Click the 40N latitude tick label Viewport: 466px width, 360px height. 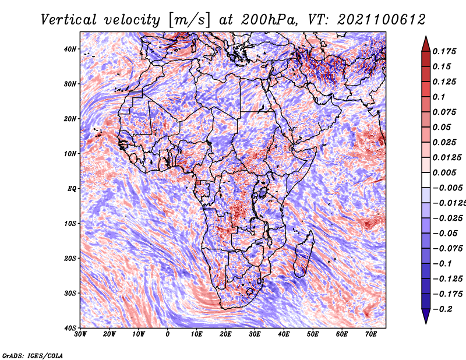(x=70, y=49)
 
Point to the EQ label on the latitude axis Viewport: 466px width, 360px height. (x=72, y=189)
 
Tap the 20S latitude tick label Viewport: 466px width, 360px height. (x=70, y=258)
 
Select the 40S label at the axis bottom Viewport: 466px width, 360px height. (x=70, y=328)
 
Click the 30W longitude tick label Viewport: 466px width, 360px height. (x=80, y=334)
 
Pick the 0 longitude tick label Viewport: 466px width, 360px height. (x=168, y=334)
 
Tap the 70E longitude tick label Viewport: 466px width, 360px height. (x=371, y=334)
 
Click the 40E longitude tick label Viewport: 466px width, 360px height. (x=284, y=334)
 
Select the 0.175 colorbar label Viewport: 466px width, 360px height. (x=444, y=51)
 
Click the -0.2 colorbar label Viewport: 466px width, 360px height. (x=442, y=309)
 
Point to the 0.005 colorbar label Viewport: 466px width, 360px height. (x=444, y=172)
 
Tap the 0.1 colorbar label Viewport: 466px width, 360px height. (x=439, y=97)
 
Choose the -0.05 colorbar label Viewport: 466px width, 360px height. (x=445, y=234)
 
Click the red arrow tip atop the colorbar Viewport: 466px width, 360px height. (x=426, y=37)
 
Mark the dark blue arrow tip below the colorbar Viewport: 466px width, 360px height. (x=426, y=323)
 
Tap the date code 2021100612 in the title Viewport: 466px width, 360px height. (x=382, y=20)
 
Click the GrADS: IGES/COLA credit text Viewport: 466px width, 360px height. (x=33, y=356)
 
